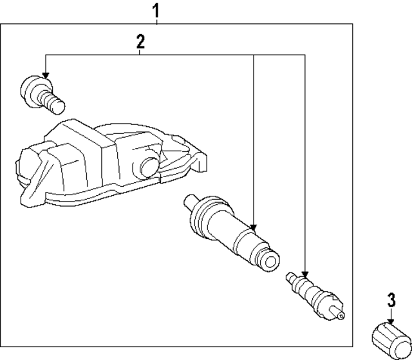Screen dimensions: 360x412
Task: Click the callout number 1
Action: tap(155, 10)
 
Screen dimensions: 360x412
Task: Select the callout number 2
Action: tap(140, 43)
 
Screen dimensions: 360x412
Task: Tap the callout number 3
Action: tap(390, 299)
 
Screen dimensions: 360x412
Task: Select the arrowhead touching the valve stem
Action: tap(254, 227)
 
